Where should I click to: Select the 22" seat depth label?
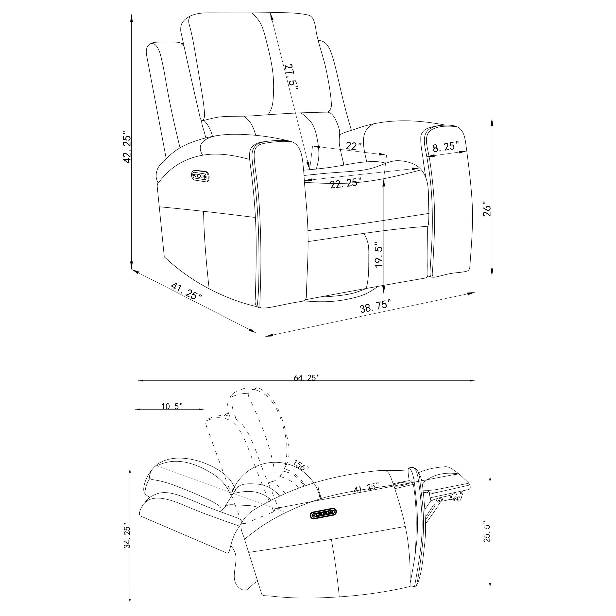click(x=354, y=146)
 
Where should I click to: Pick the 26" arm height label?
click(x=487, y=209)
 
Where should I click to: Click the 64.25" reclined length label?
click(x=307, y=377)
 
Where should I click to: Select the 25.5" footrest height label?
click(x=487, y=531)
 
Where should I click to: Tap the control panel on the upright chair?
click(x=200, y=176)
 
